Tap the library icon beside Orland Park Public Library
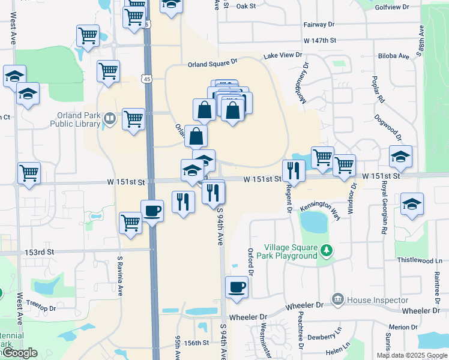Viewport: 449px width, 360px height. pyautogui.click(x=109, y=119)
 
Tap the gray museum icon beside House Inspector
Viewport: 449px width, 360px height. pyautogui.click(x=337, y=299)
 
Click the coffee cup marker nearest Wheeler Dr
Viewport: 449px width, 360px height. pyautogui.click(x=238, y=286)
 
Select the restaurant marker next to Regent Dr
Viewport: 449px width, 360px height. pyautogui.click(x=294, y=170)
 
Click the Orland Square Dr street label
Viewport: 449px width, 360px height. pyautogui.click(x=212, y=62)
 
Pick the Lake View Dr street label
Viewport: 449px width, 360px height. pyautogui.click(x=282, y=55)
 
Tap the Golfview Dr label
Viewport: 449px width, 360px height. pyautogui.click(x=408, y=7)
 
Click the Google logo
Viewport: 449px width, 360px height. pyautogui.click(x=19, y=353)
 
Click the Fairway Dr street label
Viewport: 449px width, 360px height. pyautogui.click(x=319, y=25)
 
